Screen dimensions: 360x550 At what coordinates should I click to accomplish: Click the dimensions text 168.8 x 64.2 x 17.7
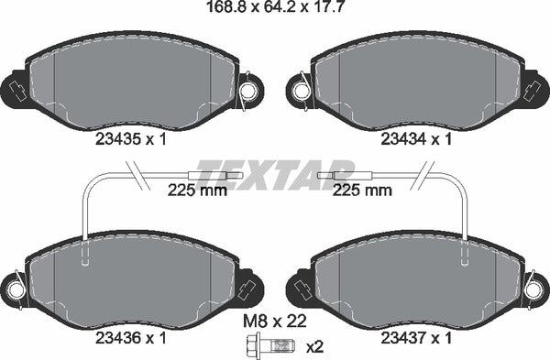pyautogui.click(x=275, y=11)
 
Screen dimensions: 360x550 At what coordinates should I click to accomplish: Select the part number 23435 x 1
pyautogui.click(x=132, y=139)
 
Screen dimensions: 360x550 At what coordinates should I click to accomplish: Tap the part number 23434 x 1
pyautogui.click(x=417, y=139)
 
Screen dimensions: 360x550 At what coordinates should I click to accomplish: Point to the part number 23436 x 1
pyautogui.click(x=132, y=336)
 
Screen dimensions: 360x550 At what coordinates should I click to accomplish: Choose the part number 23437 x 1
pyautogui.click(x=417, y=336)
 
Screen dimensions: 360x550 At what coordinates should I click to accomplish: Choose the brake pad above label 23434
pyautogui.click(x=418, y=82)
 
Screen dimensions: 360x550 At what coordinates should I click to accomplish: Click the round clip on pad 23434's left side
pyautogui.click(x=300, y=89)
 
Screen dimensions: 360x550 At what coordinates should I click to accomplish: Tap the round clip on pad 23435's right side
pyautogui.click(x=249, y=89)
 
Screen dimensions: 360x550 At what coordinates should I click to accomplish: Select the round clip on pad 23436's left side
pyautogui.click(x=14, y=287)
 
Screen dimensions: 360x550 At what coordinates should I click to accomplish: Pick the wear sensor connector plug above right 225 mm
pyautogui.click(x=342, y=174)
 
